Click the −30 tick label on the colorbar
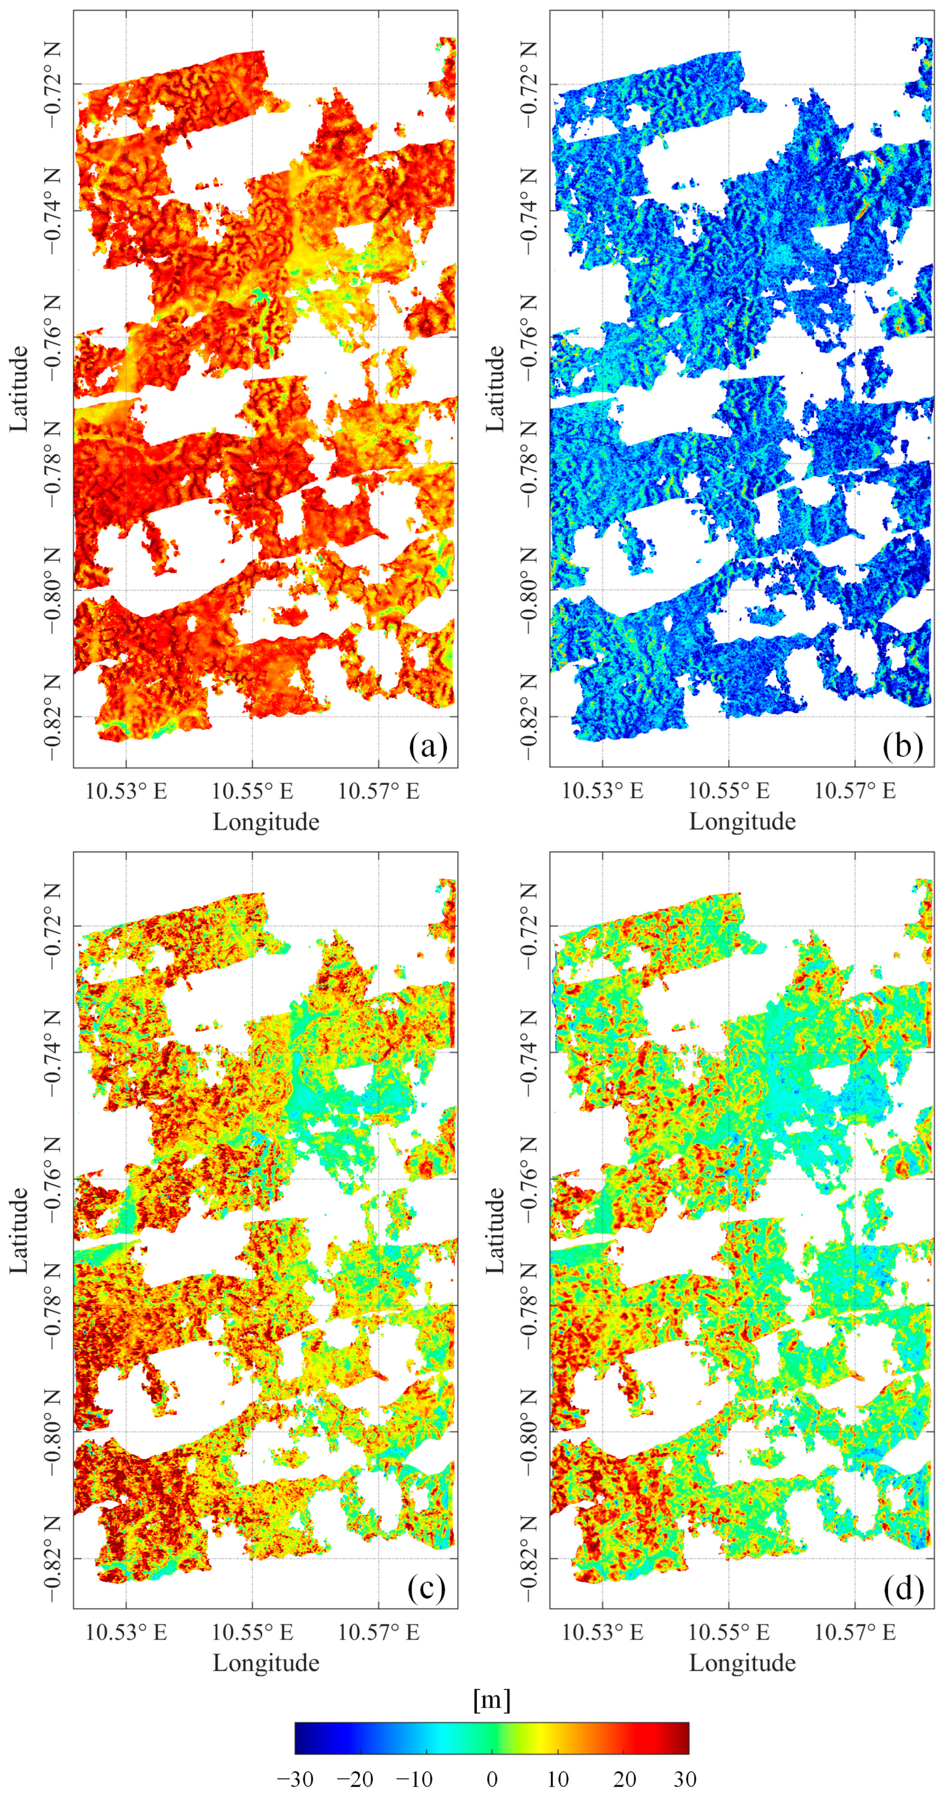tap(295, 1778)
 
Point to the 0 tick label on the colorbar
tap(492, 1778)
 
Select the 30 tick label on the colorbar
tap(685, 1778)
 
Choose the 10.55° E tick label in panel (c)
tap(253, 1633)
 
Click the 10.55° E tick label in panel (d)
tap(729, 1633)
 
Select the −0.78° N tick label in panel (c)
tap(52, 1305)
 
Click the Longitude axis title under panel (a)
tap(266, 822)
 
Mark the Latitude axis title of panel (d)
tap(494, 1230)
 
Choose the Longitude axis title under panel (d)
tap(742, 1663)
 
